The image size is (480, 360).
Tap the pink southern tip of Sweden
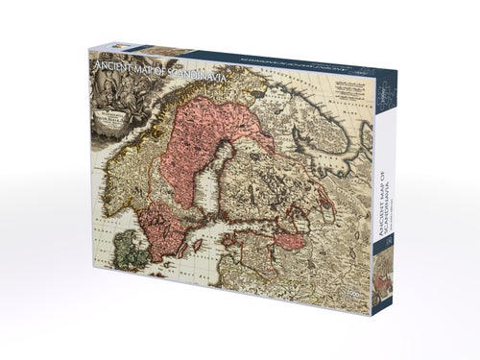tap(157, 235)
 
